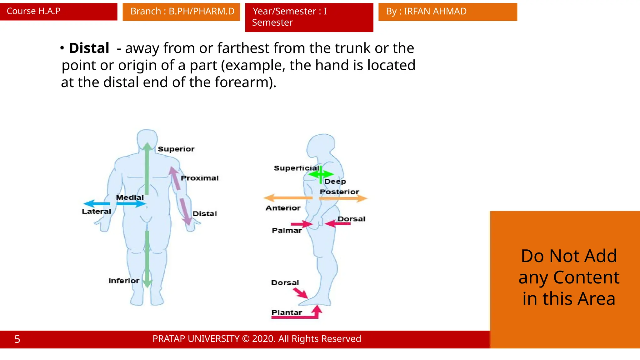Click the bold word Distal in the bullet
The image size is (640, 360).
[89, 48]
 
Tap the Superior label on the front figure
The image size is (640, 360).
[176, 149]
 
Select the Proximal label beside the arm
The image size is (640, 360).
[199, 178]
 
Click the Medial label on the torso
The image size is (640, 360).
[130, 197]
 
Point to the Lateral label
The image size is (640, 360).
[96, 212]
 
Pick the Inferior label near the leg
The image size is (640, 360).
[124, 281]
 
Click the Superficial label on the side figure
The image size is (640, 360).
[296, 168]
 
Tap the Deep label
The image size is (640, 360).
[335, 182]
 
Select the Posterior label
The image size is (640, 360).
[339, 192]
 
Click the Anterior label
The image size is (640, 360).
[283, 208]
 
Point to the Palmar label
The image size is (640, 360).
[287, 230]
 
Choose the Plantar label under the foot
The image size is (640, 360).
[287, 312]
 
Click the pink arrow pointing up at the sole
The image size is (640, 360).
[317, 311]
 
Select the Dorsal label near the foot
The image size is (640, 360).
[285, 283]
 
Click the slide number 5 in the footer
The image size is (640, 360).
[17, 339]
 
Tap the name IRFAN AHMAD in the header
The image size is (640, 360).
[435, 12]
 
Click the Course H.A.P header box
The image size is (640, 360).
[58, 12]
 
